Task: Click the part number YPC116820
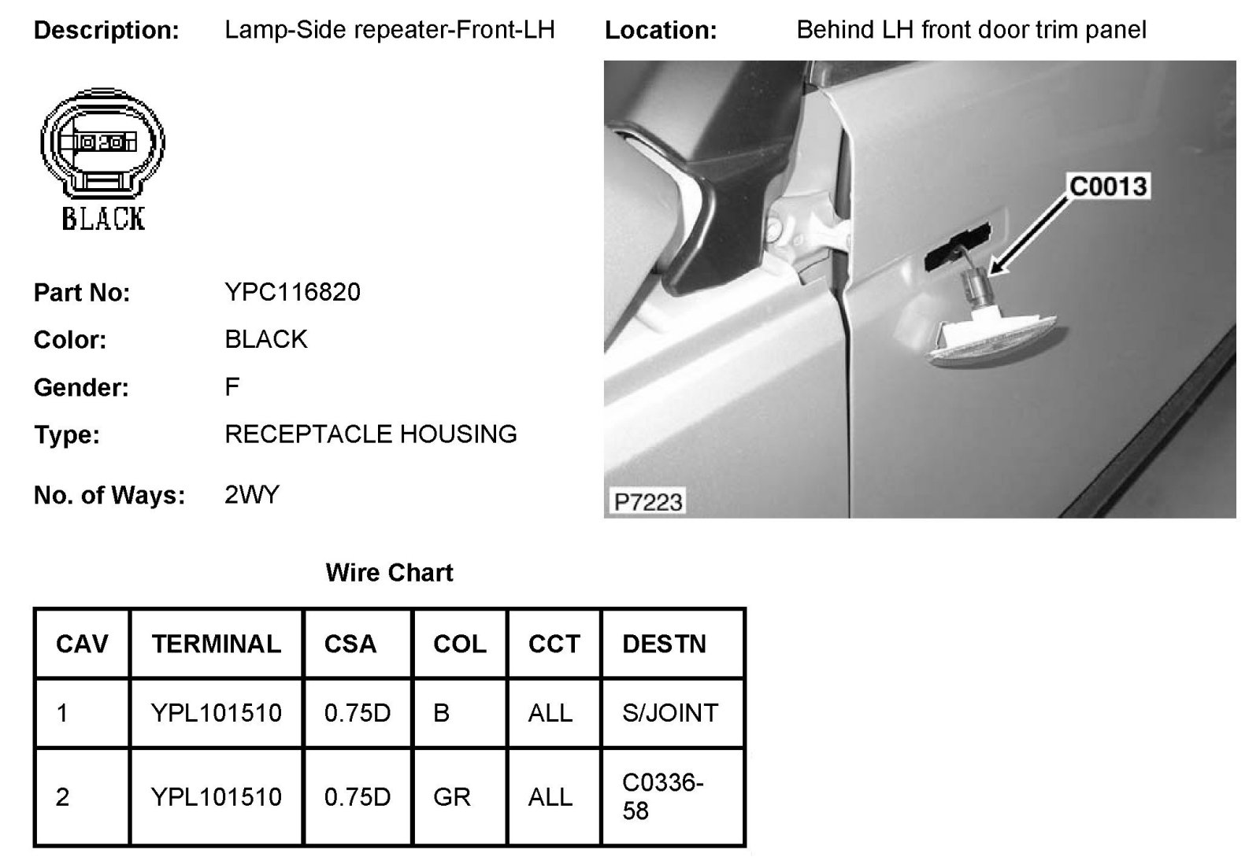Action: [x=292, y=292]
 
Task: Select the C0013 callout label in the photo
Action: [x=1108, y=187]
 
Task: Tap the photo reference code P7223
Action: [x=647, y=501]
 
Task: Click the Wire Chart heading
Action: [x=389, y=572]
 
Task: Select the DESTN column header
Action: [x=664, y=644]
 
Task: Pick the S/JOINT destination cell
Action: [x=670, y=713]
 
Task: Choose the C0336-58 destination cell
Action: [x=662, y=796]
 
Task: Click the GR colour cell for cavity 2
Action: [x=451, y=797]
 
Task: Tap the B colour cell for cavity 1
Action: [x=441, y=713]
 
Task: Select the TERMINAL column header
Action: [x=217, y=644]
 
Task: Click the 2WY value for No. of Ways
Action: [x=252, y=495]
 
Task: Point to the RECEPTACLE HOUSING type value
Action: [x=370, y=434]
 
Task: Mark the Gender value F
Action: [x=232, y=386]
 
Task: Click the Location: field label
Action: [x=660, y=31]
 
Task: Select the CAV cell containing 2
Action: [x=63, y=797]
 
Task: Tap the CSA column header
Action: [x=350, y=644]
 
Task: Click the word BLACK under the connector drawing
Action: [x=103, y=218]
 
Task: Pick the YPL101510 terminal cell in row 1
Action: [x=217, y=713]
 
